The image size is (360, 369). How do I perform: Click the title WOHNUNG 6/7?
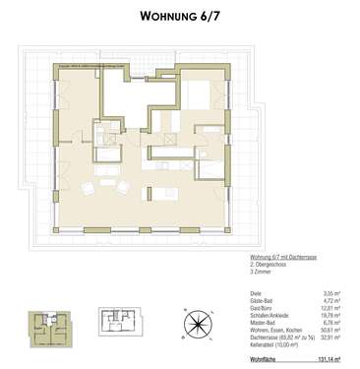point(180,16)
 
